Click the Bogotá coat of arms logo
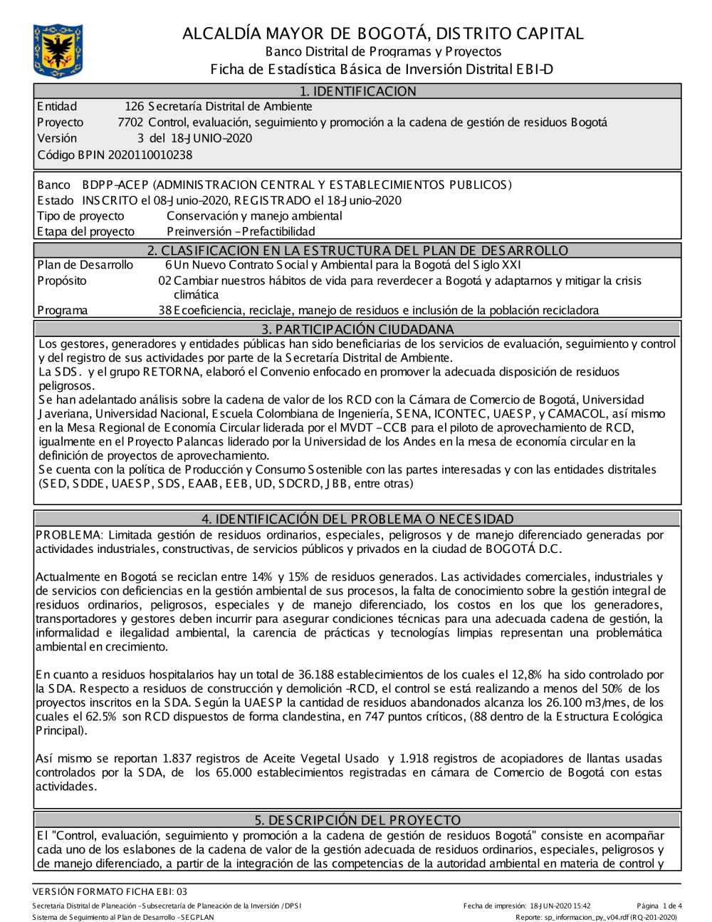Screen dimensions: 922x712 [58, 51]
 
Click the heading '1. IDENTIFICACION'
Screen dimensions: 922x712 [357, 91]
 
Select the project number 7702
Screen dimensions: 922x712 [130, 123]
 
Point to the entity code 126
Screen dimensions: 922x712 [134, 107]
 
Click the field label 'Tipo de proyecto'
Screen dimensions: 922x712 [80, 216]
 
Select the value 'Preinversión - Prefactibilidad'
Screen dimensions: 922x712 [241, 232]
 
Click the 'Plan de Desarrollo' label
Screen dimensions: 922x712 [85, 265]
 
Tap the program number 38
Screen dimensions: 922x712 [164, 310]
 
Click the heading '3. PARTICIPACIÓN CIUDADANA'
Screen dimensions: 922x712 [357, 329]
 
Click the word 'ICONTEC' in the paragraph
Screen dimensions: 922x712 [460, 414]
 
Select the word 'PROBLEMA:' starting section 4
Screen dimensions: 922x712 [69, 535]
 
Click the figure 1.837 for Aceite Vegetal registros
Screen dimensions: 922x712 [178, 759]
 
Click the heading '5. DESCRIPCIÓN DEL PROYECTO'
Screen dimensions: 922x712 [357, 820]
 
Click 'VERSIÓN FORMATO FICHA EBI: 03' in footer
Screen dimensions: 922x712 [110, 891]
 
